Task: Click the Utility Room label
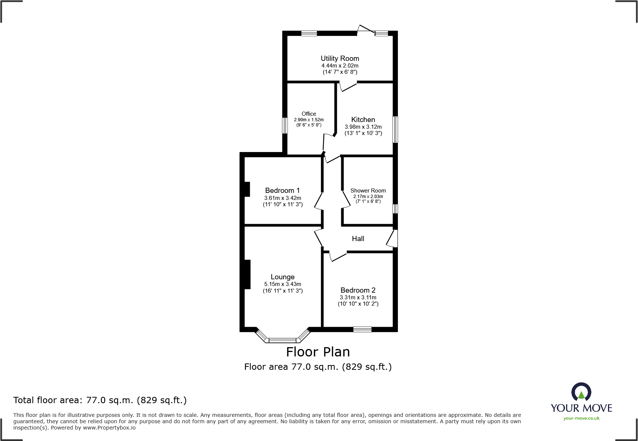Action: pos(340,58)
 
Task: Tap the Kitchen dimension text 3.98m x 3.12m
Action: pos(363,127)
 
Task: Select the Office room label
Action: pos(309,114)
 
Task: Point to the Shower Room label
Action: pos(368,191)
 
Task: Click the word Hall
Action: pos(358,239)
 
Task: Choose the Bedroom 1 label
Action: pos(282,191)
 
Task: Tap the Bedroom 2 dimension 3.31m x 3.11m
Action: pos(358,297)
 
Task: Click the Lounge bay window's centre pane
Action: pos(282,340)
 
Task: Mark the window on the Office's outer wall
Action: pos(285,125)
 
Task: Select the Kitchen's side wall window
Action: pos(395,129)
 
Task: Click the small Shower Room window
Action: pos(395,208)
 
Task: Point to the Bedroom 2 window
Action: pos(362,329)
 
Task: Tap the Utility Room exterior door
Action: pos(366,30)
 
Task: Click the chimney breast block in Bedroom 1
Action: pos(247,189)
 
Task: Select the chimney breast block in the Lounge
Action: pos(247,274)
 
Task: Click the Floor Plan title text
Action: pos(318,352)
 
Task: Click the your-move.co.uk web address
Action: pos(581,418)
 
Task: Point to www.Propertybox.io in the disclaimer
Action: pos(109,428)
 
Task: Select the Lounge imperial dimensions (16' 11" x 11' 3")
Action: pos(283,291)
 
